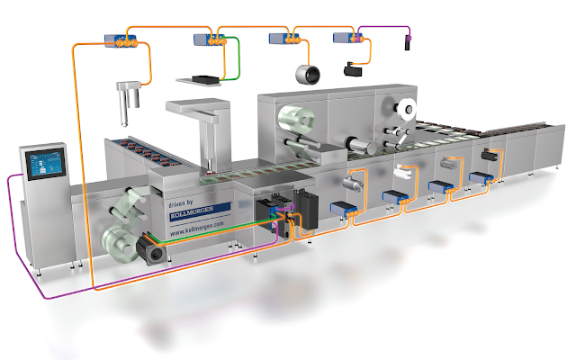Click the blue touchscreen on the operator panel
point(46,164)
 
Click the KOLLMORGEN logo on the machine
point(192,212)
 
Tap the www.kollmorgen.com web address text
point(196,228)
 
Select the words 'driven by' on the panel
point(180,203)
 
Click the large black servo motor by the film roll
point(150,249)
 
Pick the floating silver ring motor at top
point(308,74)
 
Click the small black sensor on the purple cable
point(407,42)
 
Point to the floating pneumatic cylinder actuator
point(128,101)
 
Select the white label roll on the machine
point(407,109)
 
